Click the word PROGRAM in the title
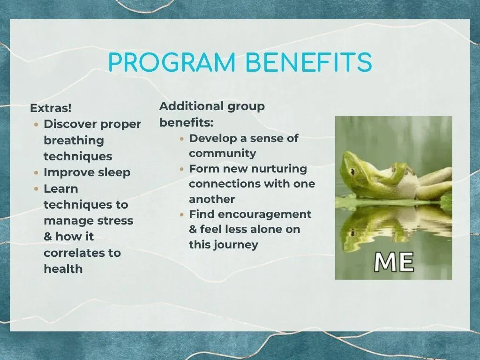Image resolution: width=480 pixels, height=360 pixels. pos(172,62)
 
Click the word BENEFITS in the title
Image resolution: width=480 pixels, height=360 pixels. pos(308,62)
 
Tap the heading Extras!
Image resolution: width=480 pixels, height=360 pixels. pos(51,108)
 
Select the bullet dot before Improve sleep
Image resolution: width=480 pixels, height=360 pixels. pos(36,172)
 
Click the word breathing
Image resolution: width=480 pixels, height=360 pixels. pos(74,141)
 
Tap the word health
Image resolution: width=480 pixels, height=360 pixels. pos(63,269)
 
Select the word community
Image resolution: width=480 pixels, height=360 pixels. pos(223,154)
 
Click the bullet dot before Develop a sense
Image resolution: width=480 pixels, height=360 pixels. pos(182,139)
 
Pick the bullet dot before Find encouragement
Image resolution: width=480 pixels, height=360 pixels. pos(182,215)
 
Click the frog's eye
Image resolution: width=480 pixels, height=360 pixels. pos(353,171)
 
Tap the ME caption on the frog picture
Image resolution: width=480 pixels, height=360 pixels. pos(394,262)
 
